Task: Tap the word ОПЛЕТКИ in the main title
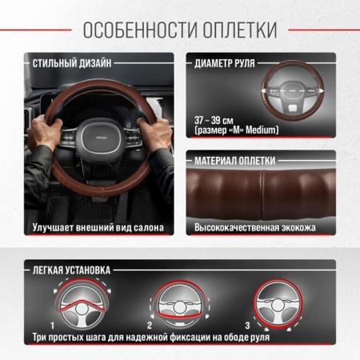[x=240, y=30]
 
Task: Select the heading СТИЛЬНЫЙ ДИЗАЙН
[x=72, y=63]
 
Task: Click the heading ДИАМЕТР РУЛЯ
[x=225, y=63]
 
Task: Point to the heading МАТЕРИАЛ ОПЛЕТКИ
[x=234, y=161]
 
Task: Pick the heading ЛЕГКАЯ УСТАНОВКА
[x=71, y=270]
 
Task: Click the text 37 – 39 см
[x=214, y=120]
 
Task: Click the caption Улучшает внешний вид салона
[x=98, y=227]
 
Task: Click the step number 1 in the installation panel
[x=53, y=326]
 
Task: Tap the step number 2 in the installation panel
[x=150, y=326]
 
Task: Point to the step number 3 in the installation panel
[x=248, y=326]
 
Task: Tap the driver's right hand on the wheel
[x=154, y=134]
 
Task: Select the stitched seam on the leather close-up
[x=262, y=194]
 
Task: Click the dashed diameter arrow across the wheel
[x=292, y=91]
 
